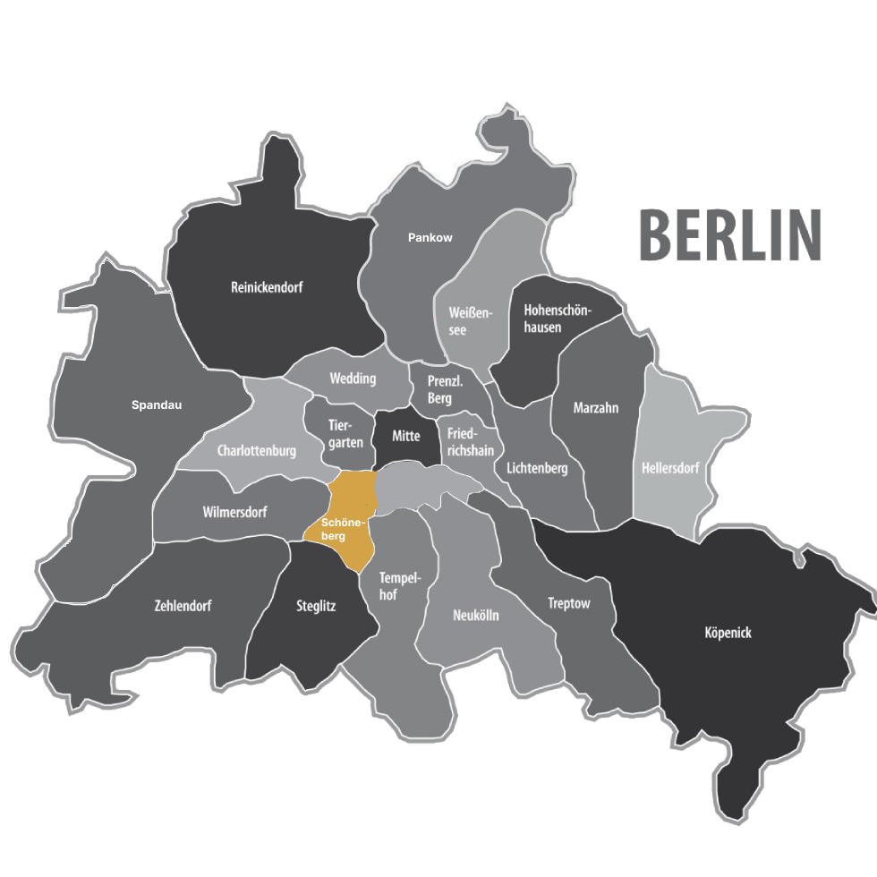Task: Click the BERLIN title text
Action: [729, 234]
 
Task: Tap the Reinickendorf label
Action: [267, 288]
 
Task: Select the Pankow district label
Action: [430, 238]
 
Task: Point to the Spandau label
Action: [157, 405]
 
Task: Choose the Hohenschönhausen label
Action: [556, 319]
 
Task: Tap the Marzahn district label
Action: [596, 408]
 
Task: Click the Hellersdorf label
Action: [670, 468]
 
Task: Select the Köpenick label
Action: [728, 633]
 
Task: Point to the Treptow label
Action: [569, 604]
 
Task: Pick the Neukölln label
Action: [476, 616]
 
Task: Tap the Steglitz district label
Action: [316, 606]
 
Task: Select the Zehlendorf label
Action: [183, 606]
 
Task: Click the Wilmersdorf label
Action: [235, 513]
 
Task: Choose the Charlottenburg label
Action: [257, 451]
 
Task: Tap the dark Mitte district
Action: [406, 438]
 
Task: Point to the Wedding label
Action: [353, 379]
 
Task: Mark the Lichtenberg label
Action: [537, 468]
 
